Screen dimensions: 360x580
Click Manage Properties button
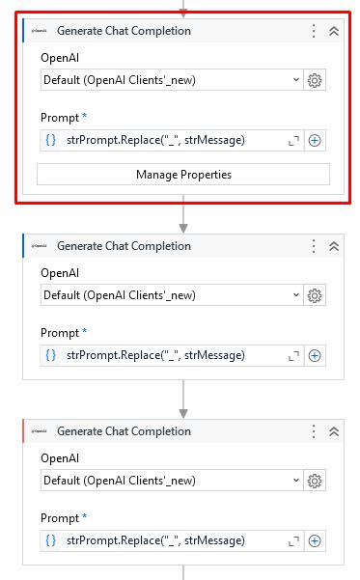pos(183,175)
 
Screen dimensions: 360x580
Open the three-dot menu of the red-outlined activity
pos(314,31)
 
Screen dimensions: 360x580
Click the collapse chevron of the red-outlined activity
pos(334,31)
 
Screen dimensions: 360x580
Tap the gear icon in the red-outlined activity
pos(315,80)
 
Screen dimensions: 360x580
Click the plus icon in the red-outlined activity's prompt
pos(315,140)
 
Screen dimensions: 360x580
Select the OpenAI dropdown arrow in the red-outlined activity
pos(295,80)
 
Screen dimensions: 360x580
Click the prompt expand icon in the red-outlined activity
pos(294,141)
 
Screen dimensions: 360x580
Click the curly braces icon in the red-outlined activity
pos(51,140)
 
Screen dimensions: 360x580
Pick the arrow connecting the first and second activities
pos(183,217)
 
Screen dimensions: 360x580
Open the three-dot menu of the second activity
pos(314,246)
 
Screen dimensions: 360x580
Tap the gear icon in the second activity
pos(315,295)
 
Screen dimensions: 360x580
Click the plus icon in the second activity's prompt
pos(315,355)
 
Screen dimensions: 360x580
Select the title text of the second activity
pos(124,246)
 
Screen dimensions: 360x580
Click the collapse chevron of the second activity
pos(334,246)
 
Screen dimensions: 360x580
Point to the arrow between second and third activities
pos(183,399)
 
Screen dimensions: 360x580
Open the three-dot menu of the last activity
pos(314,431)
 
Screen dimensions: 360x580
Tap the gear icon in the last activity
pos(315,481)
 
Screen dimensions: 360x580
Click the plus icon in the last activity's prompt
pos(315,540)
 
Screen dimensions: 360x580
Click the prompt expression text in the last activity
pos(155,540)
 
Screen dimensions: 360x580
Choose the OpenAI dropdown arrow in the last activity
pos(295,481)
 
